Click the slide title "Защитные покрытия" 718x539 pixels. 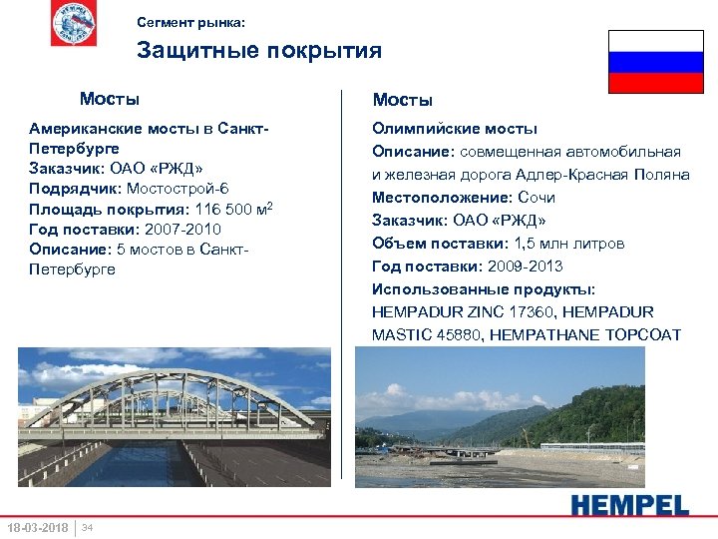click(x=258, y=50)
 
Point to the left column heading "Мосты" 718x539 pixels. click(x=110, y=99)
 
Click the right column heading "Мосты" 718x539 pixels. click(x=403, y=100)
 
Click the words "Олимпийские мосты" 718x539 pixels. click(x=455, y=129)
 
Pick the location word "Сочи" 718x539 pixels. click(x=537, y=198)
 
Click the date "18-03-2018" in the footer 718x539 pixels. click(x=37, y=527)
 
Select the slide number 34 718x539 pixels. click(x=88, y=527)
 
